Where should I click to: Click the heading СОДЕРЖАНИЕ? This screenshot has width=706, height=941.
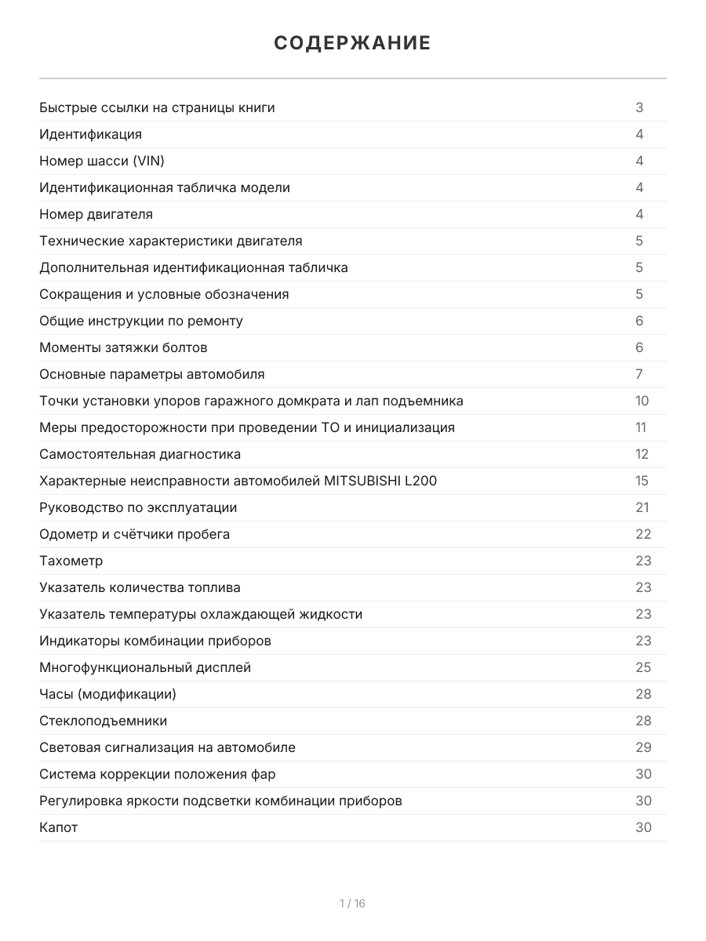tap(352, 43)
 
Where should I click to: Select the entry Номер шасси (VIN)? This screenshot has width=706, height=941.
tap(102, 161)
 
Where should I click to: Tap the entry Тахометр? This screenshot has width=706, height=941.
tap(71, 561)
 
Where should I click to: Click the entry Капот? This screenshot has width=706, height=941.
tap(59, 827)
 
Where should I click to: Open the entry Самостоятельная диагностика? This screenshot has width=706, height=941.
tap(140, 454)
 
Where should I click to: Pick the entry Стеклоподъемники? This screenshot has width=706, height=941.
tap(104, 721)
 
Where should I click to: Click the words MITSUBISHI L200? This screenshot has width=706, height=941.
tap(380, 481)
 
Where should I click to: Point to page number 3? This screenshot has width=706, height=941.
tap(639, 107)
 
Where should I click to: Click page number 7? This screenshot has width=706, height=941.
tap(639, 374)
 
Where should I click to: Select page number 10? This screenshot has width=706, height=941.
tap(642, 401)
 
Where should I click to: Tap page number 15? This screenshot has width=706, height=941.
tap(642, 481)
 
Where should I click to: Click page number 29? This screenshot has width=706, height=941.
tap(643, 747)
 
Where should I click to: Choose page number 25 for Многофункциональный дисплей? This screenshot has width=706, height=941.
tap(643, 667)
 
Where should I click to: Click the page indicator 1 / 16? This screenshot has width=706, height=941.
tap(352, 903)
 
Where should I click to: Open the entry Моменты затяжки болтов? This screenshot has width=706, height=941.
tap(123, 347)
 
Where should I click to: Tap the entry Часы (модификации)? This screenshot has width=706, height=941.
tap(108, 694)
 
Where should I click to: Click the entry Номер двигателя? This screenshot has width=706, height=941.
tap(96, 214)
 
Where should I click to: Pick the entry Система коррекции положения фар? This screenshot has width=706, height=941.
tap(158, 774)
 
